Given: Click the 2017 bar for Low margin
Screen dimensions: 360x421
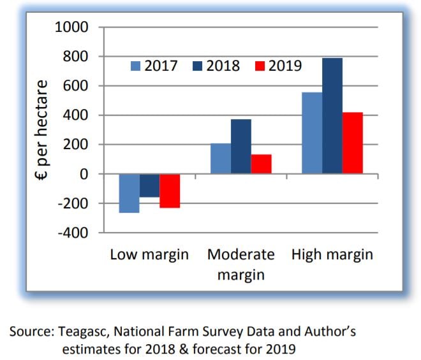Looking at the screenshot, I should [x=129, y=193].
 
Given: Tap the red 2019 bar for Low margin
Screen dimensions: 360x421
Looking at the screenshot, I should [x=170, y=191].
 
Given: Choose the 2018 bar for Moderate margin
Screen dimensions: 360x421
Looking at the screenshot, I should [x=241, y=147].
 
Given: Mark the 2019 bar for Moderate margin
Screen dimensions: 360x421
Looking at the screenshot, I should [x=262, y=164].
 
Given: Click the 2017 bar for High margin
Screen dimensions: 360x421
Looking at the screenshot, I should [x=312, y=133].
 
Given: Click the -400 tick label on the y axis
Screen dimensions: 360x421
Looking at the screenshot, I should [x=74, y=233].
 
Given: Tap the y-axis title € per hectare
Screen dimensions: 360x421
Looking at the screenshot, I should [x=41, y=130].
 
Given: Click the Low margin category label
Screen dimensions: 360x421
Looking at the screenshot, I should [x=149, y=255].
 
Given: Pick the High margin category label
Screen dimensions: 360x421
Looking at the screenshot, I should [x=332, y=255].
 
